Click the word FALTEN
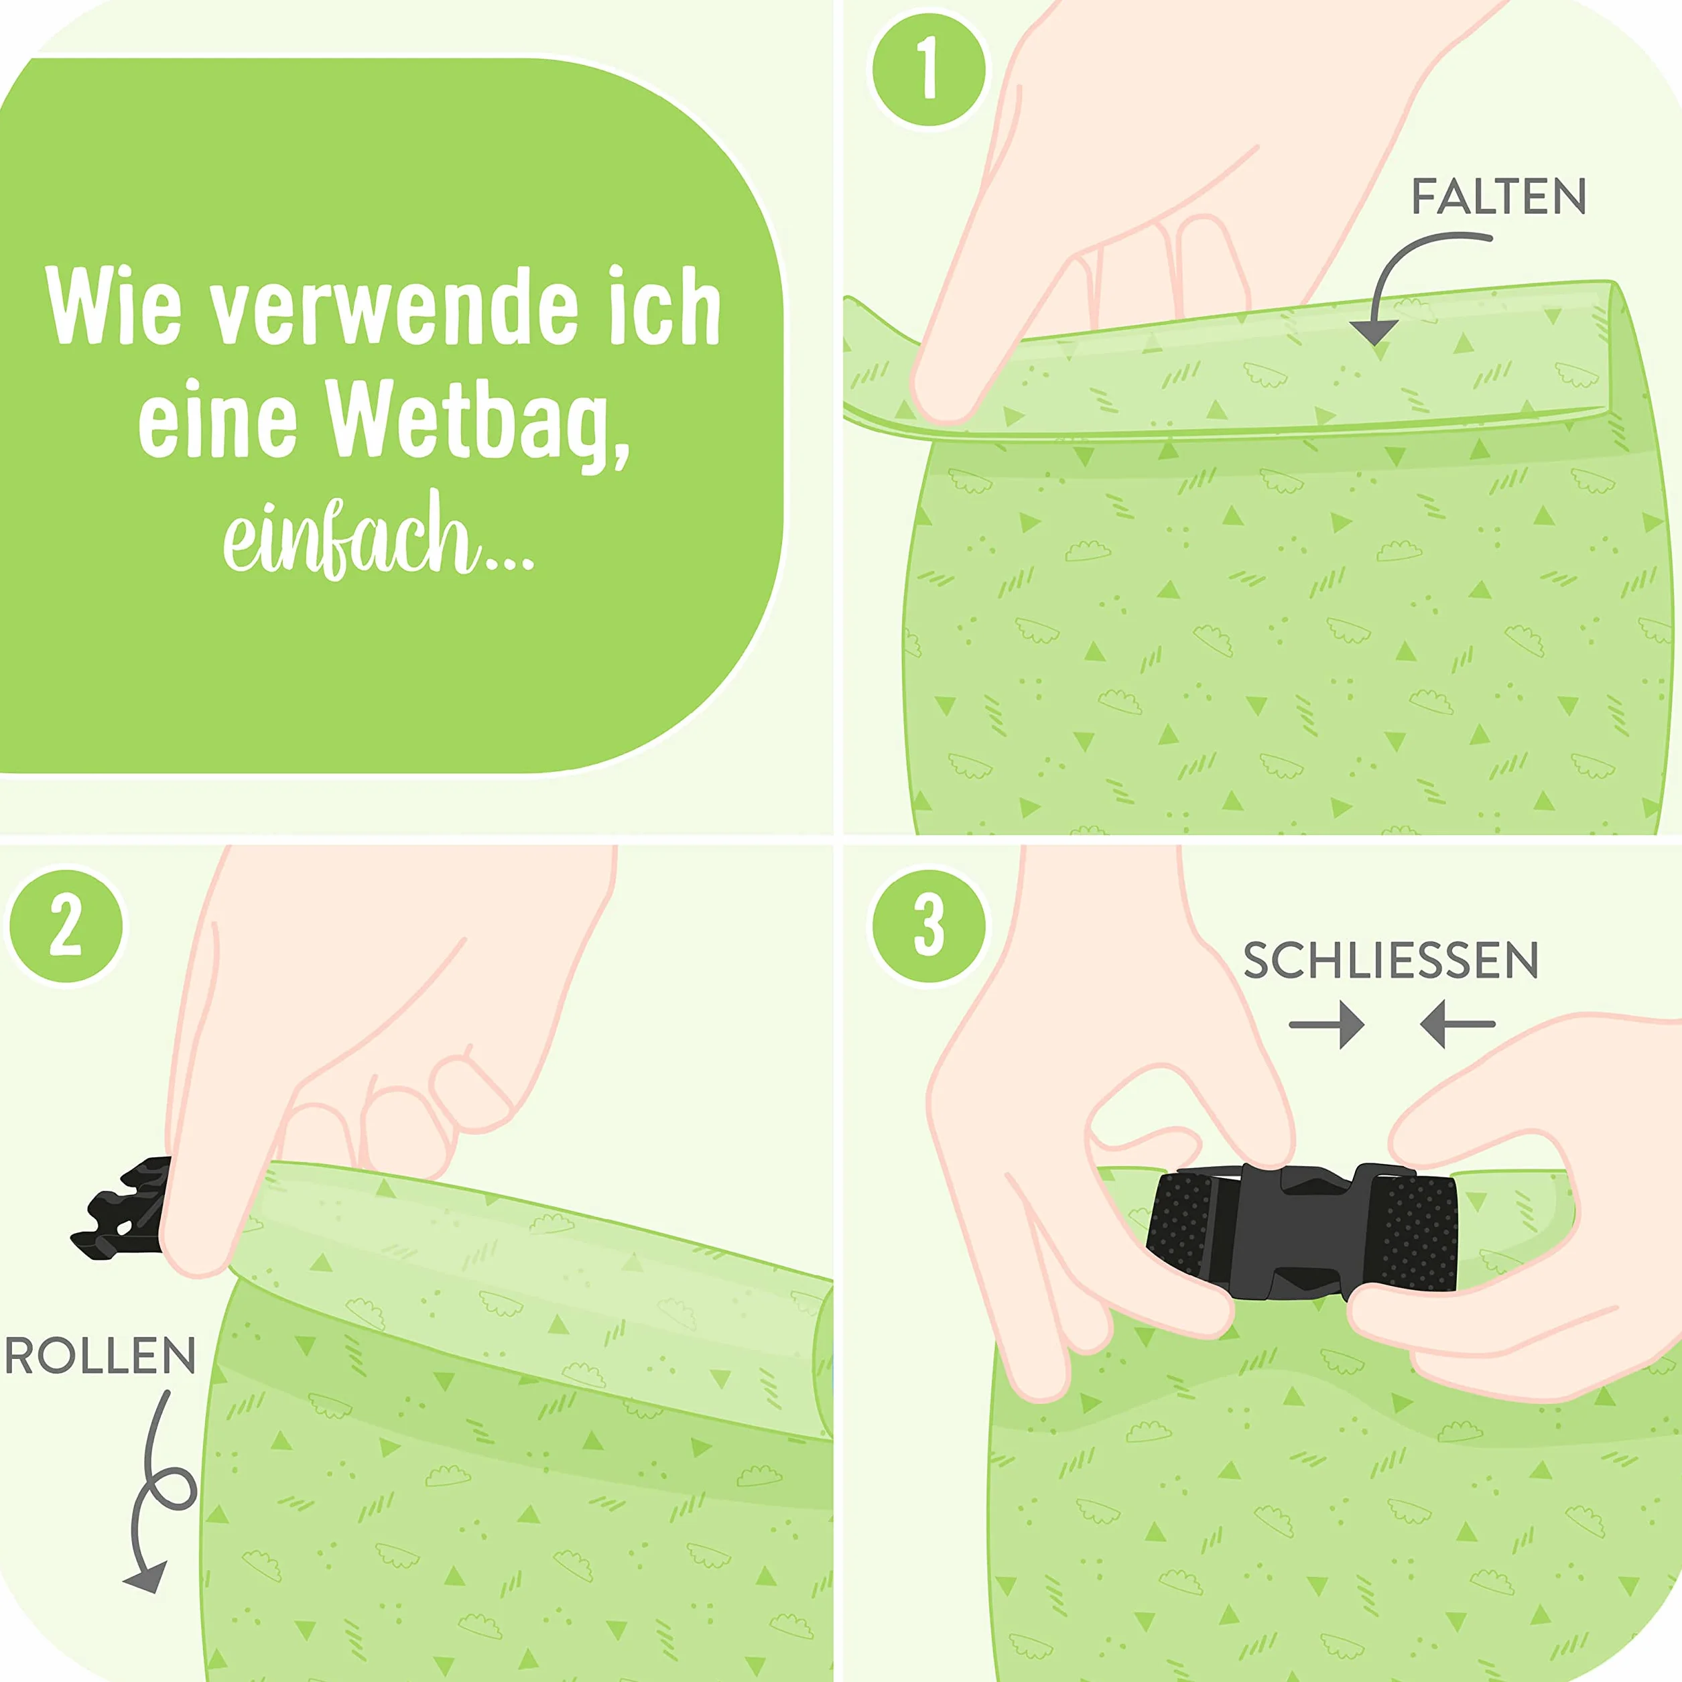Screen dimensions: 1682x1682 (1498, 197)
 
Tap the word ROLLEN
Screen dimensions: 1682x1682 (100, 1356)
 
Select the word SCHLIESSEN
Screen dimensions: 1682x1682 (1390, 960)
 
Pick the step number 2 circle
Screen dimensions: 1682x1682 (66, 925)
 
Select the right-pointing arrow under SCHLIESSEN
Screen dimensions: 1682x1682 (1327, 1025)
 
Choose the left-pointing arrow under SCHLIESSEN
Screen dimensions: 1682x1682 (1458, 1025)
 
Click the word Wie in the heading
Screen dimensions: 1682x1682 (114, 306)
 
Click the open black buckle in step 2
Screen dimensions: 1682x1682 (122, 1208)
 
